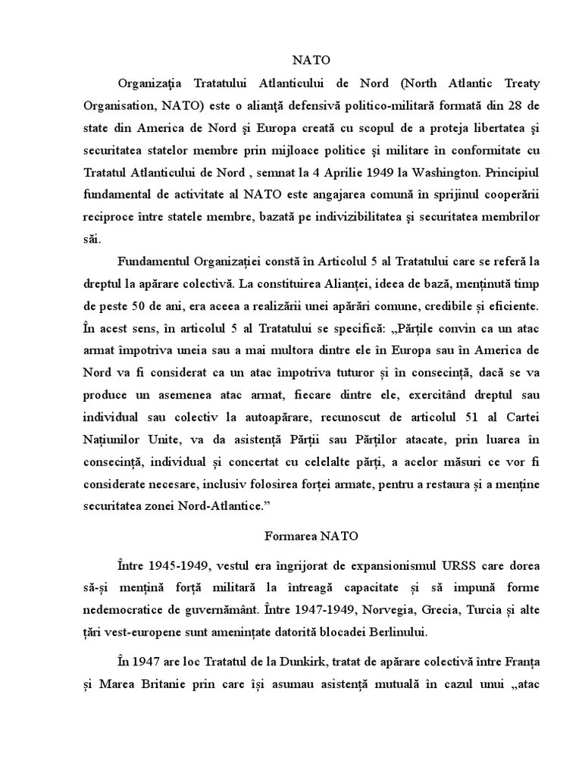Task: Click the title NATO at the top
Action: [x=311, y=59]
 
